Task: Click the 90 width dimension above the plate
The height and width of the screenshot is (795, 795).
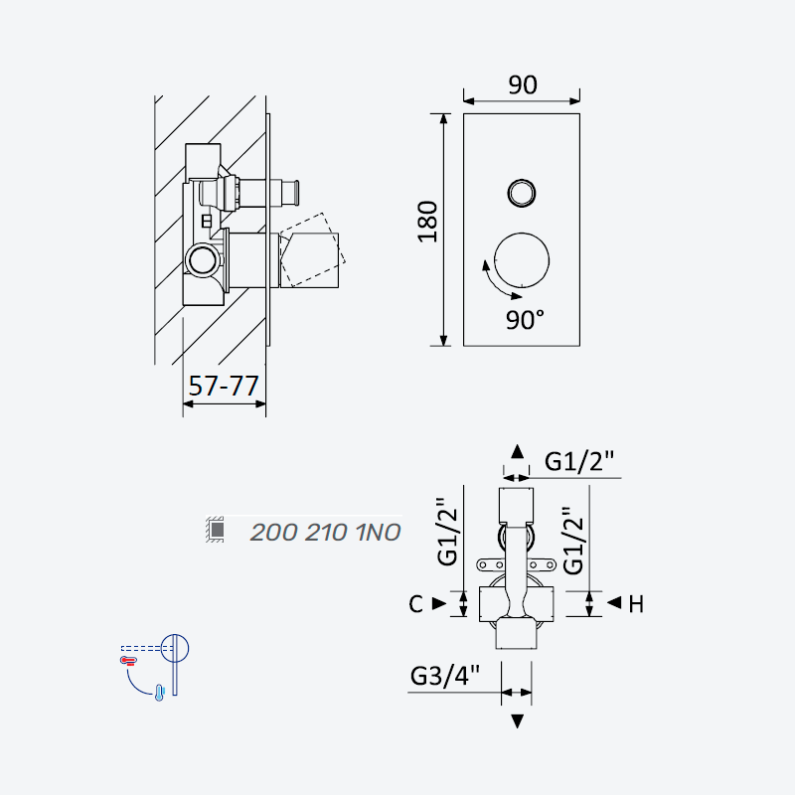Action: tap(523, 84)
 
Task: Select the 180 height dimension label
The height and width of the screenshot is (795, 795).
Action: tap(427, 222)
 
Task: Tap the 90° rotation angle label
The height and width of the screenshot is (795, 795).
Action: tap(526, 320)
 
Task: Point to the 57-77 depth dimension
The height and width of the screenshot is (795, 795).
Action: tap(224, 386)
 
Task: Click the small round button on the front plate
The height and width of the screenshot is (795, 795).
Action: tap(521, 193)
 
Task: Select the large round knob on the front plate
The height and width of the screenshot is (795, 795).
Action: tap(521, 260)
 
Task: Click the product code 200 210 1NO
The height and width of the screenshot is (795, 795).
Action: tap(326, 533)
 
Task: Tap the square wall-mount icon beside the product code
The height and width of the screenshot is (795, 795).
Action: tap(216, 530)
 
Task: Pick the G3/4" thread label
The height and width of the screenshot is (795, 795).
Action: tap(444, 676)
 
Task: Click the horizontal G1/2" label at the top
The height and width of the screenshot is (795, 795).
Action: tap(579, 461)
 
